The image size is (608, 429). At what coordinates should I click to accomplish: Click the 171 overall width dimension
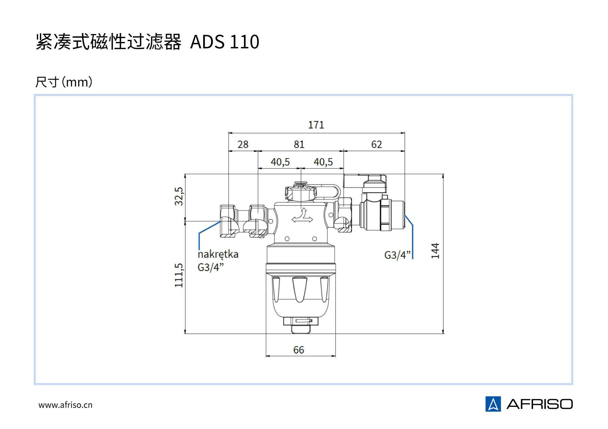316,125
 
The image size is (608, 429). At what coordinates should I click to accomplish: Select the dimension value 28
243,144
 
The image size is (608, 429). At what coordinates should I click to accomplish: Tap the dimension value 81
299,144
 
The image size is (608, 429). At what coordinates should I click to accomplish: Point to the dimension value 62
376,144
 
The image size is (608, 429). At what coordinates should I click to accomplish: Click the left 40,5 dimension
280,162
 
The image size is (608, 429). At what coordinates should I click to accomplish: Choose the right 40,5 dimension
323,162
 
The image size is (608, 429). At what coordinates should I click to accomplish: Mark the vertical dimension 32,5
179,196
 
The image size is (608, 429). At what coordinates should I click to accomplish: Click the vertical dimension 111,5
179,275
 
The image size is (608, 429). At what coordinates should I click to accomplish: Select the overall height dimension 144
435,251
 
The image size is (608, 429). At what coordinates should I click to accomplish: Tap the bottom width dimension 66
299,350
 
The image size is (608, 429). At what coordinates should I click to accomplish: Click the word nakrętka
218,254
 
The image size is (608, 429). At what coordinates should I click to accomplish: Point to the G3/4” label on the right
397,255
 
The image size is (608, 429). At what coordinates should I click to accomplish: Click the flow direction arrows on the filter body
302,216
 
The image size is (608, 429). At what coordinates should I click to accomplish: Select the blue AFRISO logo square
493,404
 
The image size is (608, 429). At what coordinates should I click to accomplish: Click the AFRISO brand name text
540,404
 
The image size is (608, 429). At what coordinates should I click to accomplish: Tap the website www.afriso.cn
65,405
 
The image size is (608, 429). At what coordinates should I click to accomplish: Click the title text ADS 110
225,42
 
